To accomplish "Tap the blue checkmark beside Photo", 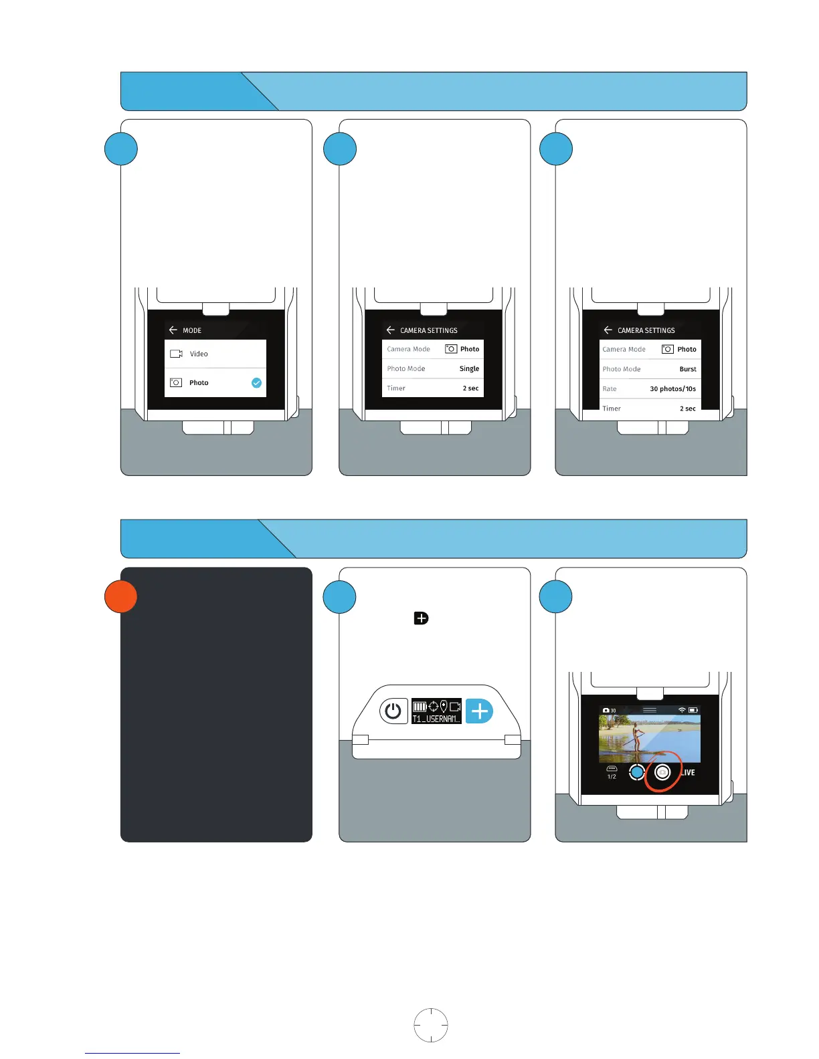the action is point(256,383).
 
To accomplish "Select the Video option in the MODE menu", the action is point(199,354).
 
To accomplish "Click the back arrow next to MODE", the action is point(173,330).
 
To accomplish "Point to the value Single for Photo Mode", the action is point(469,368).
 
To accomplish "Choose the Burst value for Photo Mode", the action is point(688,369).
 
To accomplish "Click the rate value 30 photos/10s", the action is point(672,388).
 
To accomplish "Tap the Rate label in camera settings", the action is point(610,388).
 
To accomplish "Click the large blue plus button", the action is point(479,711).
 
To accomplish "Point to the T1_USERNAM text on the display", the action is point(436,719).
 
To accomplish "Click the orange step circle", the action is point(121,596).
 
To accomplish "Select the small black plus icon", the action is point(421,618).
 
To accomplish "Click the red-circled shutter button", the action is point(662,772).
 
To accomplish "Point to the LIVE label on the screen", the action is point(689,772).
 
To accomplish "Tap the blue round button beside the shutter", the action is point(636,772).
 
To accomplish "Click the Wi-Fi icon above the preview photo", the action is point(681,710).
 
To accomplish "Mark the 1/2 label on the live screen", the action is point(612,777).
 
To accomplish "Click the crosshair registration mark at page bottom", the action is point(431,1025).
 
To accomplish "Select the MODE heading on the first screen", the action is point(192,330).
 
